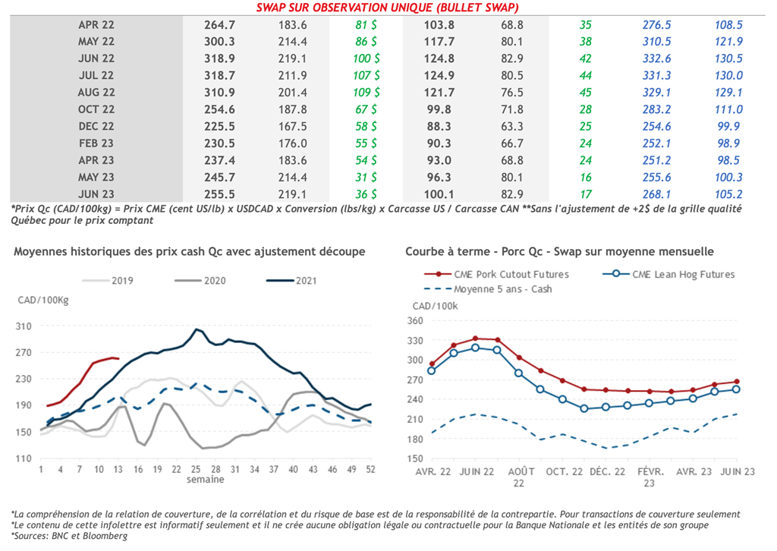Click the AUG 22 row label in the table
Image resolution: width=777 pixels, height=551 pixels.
[x=96, y=93]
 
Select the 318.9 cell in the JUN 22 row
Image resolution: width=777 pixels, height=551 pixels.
[x=220, y=58]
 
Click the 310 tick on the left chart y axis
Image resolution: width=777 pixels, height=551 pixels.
[x=24, y=327]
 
